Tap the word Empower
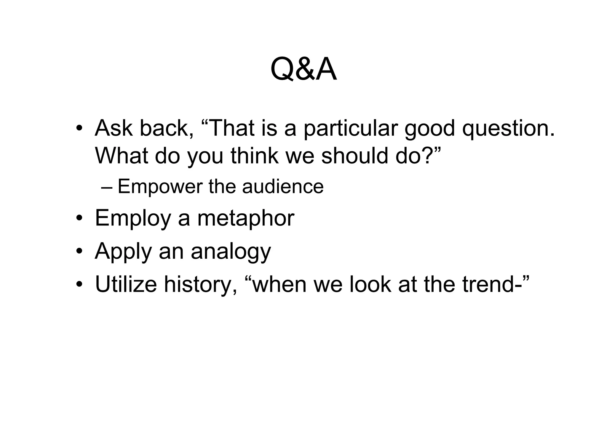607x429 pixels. pyautogui.click(x=160, y=187)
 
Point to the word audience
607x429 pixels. pyautogui.click(x=283, y=187)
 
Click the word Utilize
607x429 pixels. pyautogui.click(x=126, y=284)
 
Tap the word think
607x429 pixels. pyautogui.click(x=255, y=156)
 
